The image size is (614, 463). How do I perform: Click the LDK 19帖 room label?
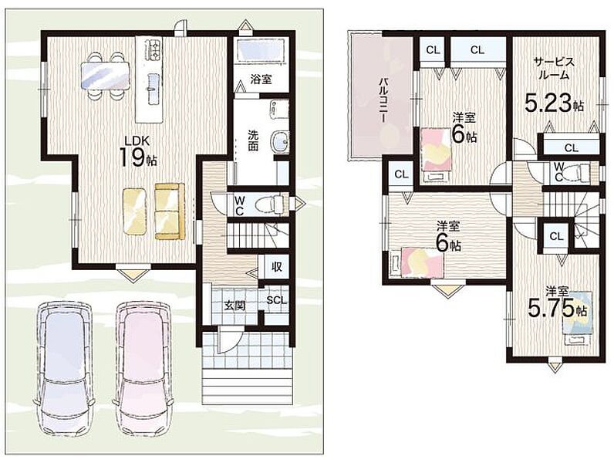138,151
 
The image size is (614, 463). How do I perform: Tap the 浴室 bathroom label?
261,79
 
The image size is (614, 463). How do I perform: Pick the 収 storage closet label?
276,267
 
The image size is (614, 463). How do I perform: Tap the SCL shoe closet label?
276,300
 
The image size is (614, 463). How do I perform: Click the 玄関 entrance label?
234,305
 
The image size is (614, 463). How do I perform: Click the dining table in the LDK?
105,76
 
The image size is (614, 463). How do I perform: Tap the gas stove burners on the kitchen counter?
153,50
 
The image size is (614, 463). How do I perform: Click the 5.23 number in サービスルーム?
548,104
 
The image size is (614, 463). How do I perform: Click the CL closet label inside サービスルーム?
572,148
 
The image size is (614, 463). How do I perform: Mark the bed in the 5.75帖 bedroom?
578,318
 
